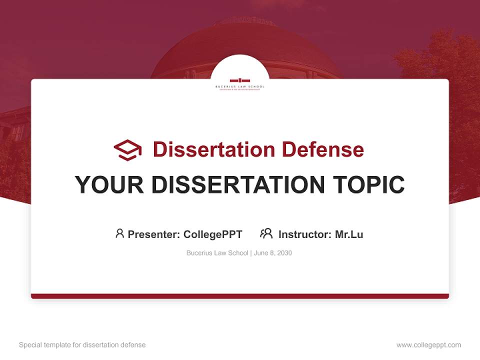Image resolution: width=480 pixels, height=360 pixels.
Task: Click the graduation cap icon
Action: tap(127, 149)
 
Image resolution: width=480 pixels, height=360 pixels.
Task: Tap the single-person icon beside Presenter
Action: tap(119, 233)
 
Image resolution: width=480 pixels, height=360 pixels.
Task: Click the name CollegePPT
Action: tap(213, 234)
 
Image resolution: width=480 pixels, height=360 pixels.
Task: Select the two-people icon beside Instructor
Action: tap(266, 233)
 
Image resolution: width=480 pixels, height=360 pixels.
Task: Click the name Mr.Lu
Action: tap(349, 234)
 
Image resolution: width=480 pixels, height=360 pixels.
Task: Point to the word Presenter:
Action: tap(154, 234)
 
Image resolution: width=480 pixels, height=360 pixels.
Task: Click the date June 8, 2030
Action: tap(273, 253)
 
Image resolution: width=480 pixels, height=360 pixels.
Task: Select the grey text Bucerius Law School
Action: tap(217, 253)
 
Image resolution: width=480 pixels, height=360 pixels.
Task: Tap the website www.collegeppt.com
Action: tap(428, 345)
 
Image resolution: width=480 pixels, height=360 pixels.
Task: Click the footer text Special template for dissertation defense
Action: tap(82, 345)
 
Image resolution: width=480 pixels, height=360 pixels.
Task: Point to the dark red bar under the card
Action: tap(240, 296)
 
